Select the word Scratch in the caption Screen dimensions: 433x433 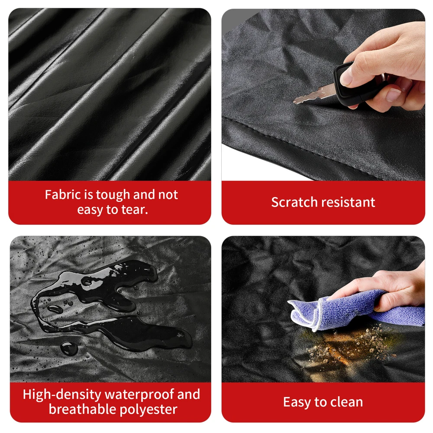point(294,202)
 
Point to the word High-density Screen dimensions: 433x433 point(62,395)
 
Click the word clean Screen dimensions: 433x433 point(346,402)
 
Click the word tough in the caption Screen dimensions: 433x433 point(113,195)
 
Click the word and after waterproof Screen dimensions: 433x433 point(189,394)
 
